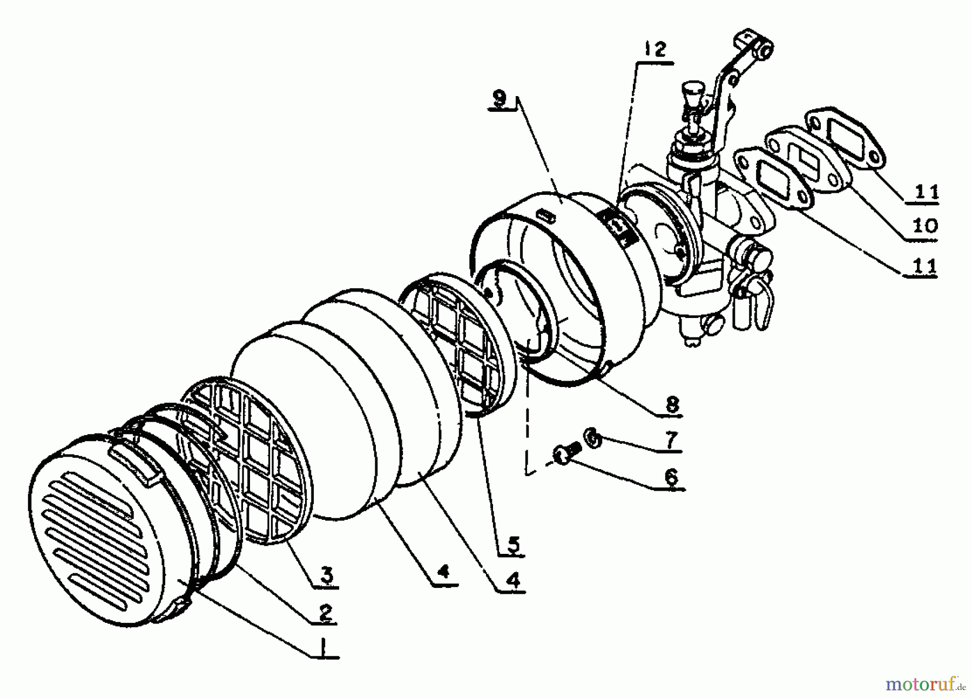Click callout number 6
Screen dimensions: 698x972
coord(670,477)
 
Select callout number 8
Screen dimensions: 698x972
coord(672,404)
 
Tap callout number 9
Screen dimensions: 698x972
coord(500,100)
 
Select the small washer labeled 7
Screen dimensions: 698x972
coord(592,437)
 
